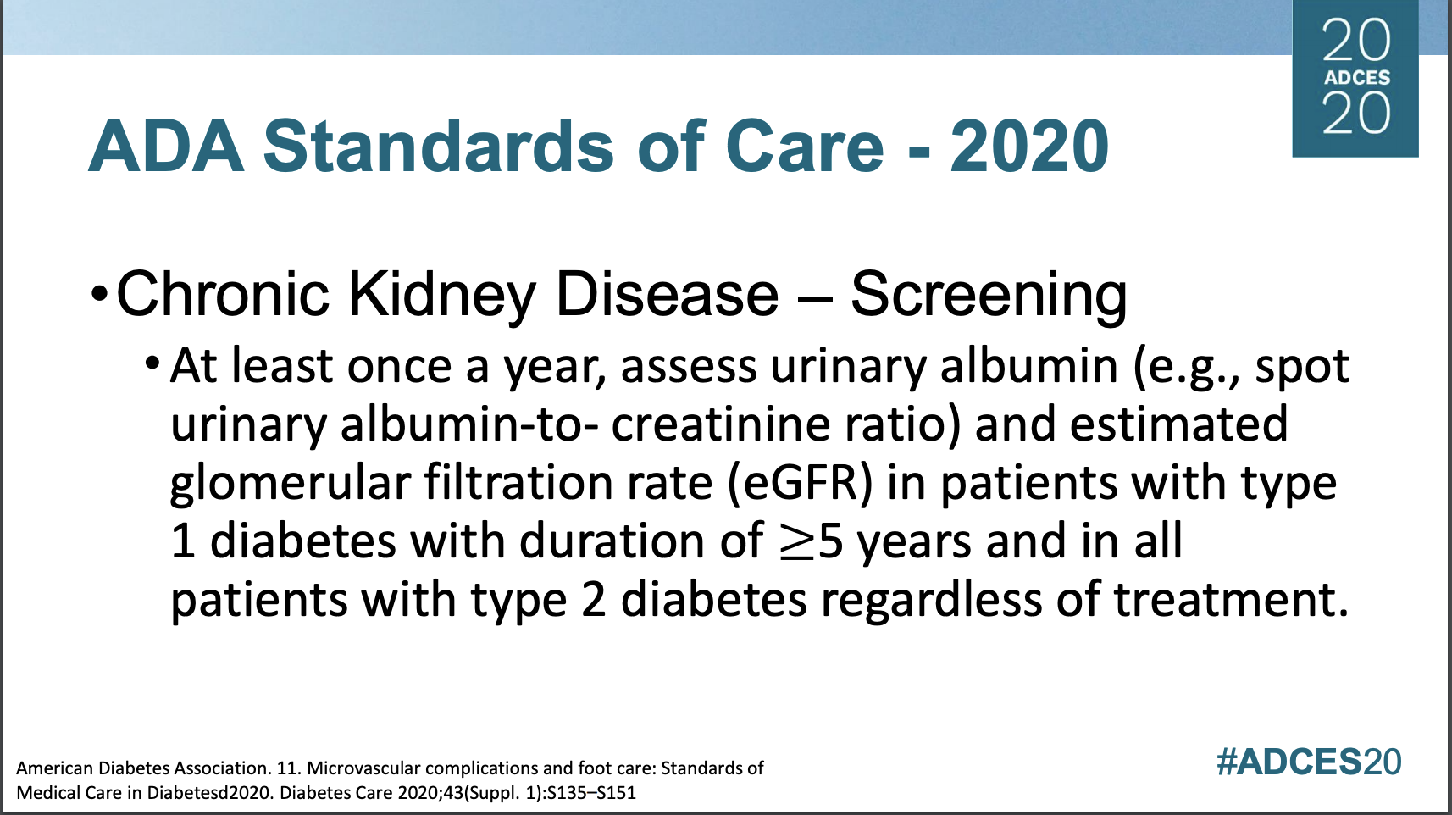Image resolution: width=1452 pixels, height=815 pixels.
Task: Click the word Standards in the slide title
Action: coord(437,147)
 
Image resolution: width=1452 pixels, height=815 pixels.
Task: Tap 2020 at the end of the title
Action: coord(1029,147)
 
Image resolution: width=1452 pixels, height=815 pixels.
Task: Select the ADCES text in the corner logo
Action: coord(1357,78)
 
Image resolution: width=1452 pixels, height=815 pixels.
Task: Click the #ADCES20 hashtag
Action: coord(1309,762)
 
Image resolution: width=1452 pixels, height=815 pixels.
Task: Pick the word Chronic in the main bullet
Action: coord(222,295)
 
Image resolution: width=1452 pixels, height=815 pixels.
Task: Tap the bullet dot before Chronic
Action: coord(99,296)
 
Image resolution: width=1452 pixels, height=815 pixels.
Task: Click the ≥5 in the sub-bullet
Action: coord(811,541)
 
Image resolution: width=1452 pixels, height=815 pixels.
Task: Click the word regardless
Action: coord(932,600)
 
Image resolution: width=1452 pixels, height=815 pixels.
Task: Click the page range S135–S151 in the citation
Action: coord(591,793)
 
